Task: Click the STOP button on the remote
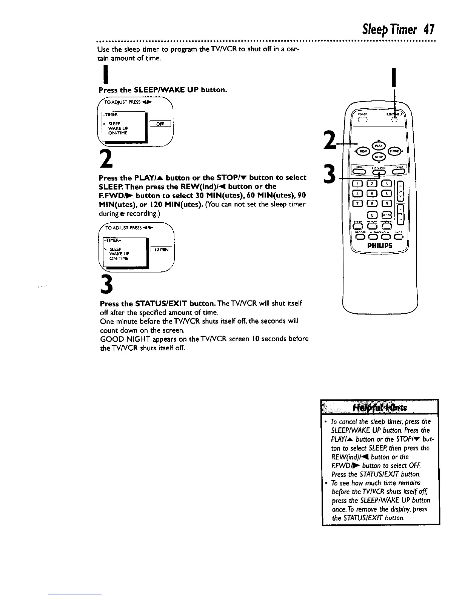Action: (x=378, y=157)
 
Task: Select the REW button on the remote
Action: (x=362, y=152)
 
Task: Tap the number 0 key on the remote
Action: (x=372, y=216)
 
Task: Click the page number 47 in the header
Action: (x=429, y=29)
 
